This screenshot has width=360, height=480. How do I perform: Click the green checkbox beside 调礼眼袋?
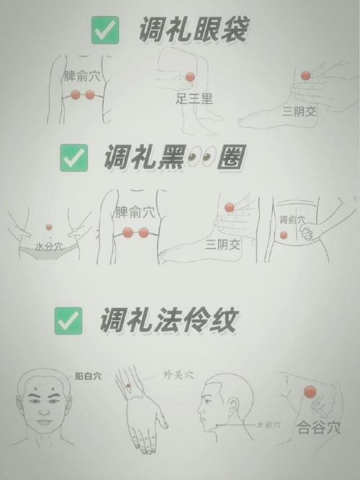pos(105,31)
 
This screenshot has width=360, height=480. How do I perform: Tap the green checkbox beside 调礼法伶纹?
pos(68,320)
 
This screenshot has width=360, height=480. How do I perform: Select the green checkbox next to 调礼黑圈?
pos(73,157)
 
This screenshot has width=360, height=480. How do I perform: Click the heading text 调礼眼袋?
pos(194,30)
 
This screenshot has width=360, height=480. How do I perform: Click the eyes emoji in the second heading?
pos(199,157)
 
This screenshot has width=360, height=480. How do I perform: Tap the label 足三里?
pos(194,99)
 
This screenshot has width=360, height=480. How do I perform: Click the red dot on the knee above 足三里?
pos(190,77)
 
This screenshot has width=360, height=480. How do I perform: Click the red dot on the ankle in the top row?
pos(305,76)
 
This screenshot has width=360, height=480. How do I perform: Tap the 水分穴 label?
pos(49,247)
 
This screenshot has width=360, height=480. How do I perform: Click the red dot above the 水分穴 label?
pos(49,227)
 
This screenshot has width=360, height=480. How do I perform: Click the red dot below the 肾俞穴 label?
pos(284,235)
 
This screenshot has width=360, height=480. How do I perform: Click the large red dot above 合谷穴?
pos(310,391)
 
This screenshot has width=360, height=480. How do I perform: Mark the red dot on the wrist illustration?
pos(129,386)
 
